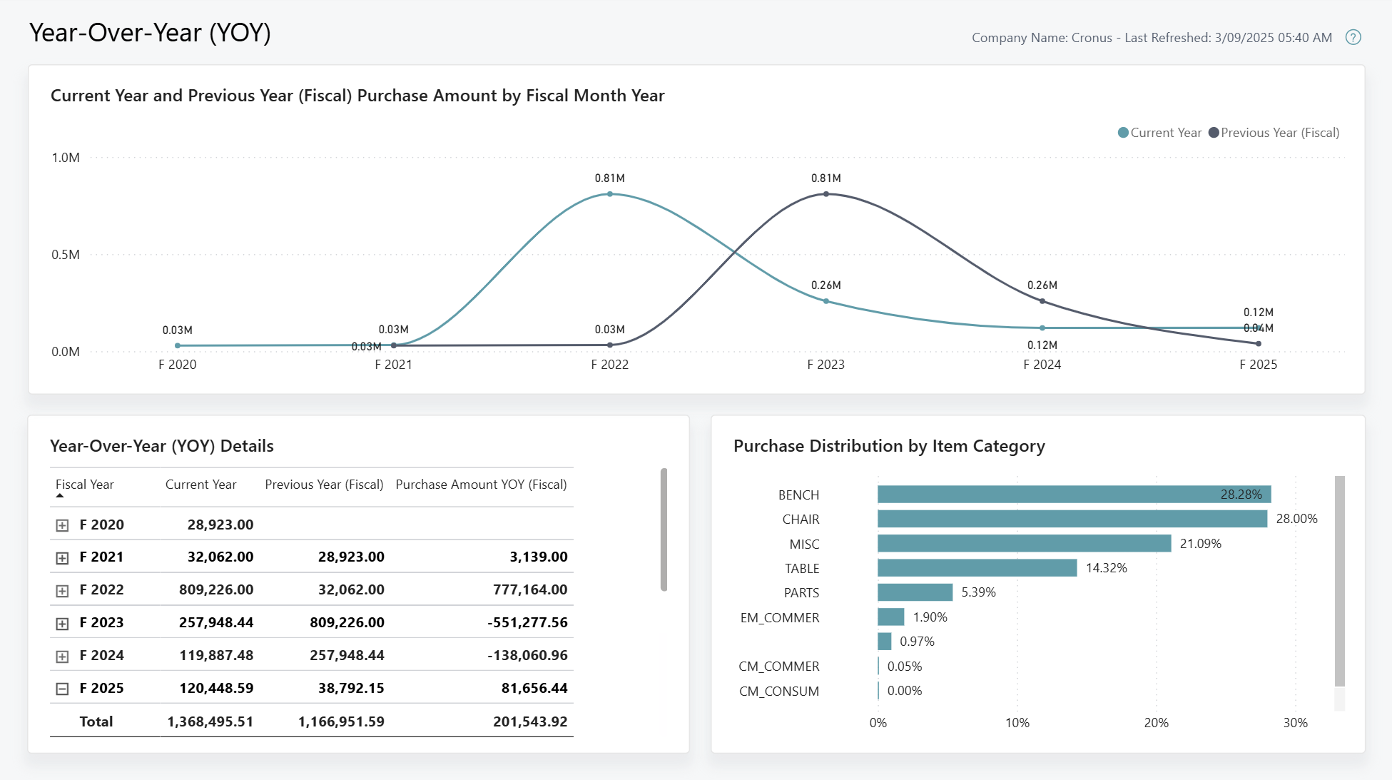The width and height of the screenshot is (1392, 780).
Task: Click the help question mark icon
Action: (1353, 37)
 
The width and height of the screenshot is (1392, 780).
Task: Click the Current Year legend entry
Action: (1159, 133)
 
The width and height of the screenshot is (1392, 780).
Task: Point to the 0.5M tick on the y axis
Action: (66, 255)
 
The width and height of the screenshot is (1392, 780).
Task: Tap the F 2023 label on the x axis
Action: (825, 365)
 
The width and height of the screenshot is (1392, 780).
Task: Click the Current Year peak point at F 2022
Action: (610, 194)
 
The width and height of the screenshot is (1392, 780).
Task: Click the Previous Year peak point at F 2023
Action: (826, 194)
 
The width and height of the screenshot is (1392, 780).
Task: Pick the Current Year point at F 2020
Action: (178, 345)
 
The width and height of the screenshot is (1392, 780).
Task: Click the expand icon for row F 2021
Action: (62, 558)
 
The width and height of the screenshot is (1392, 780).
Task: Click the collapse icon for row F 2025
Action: (62, 689)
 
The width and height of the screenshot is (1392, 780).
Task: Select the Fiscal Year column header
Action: (85, 485)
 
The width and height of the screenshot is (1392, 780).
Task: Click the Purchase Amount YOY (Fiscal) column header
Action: (481, 485)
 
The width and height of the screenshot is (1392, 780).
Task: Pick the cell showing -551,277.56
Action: (527, 622)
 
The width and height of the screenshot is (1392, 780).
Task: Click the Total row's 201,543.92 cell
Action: (530, 721)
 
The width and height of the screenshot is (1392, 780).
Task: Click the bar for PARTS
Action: (915, 592)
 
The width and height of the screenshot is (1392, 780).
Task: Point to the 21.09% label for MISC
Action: (1200, 544)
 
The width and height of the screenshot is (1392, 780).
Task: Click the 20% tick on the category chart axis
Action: (1156, 723)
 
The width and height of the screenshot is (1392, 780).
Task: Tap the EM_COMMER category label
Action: (780, 617)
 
